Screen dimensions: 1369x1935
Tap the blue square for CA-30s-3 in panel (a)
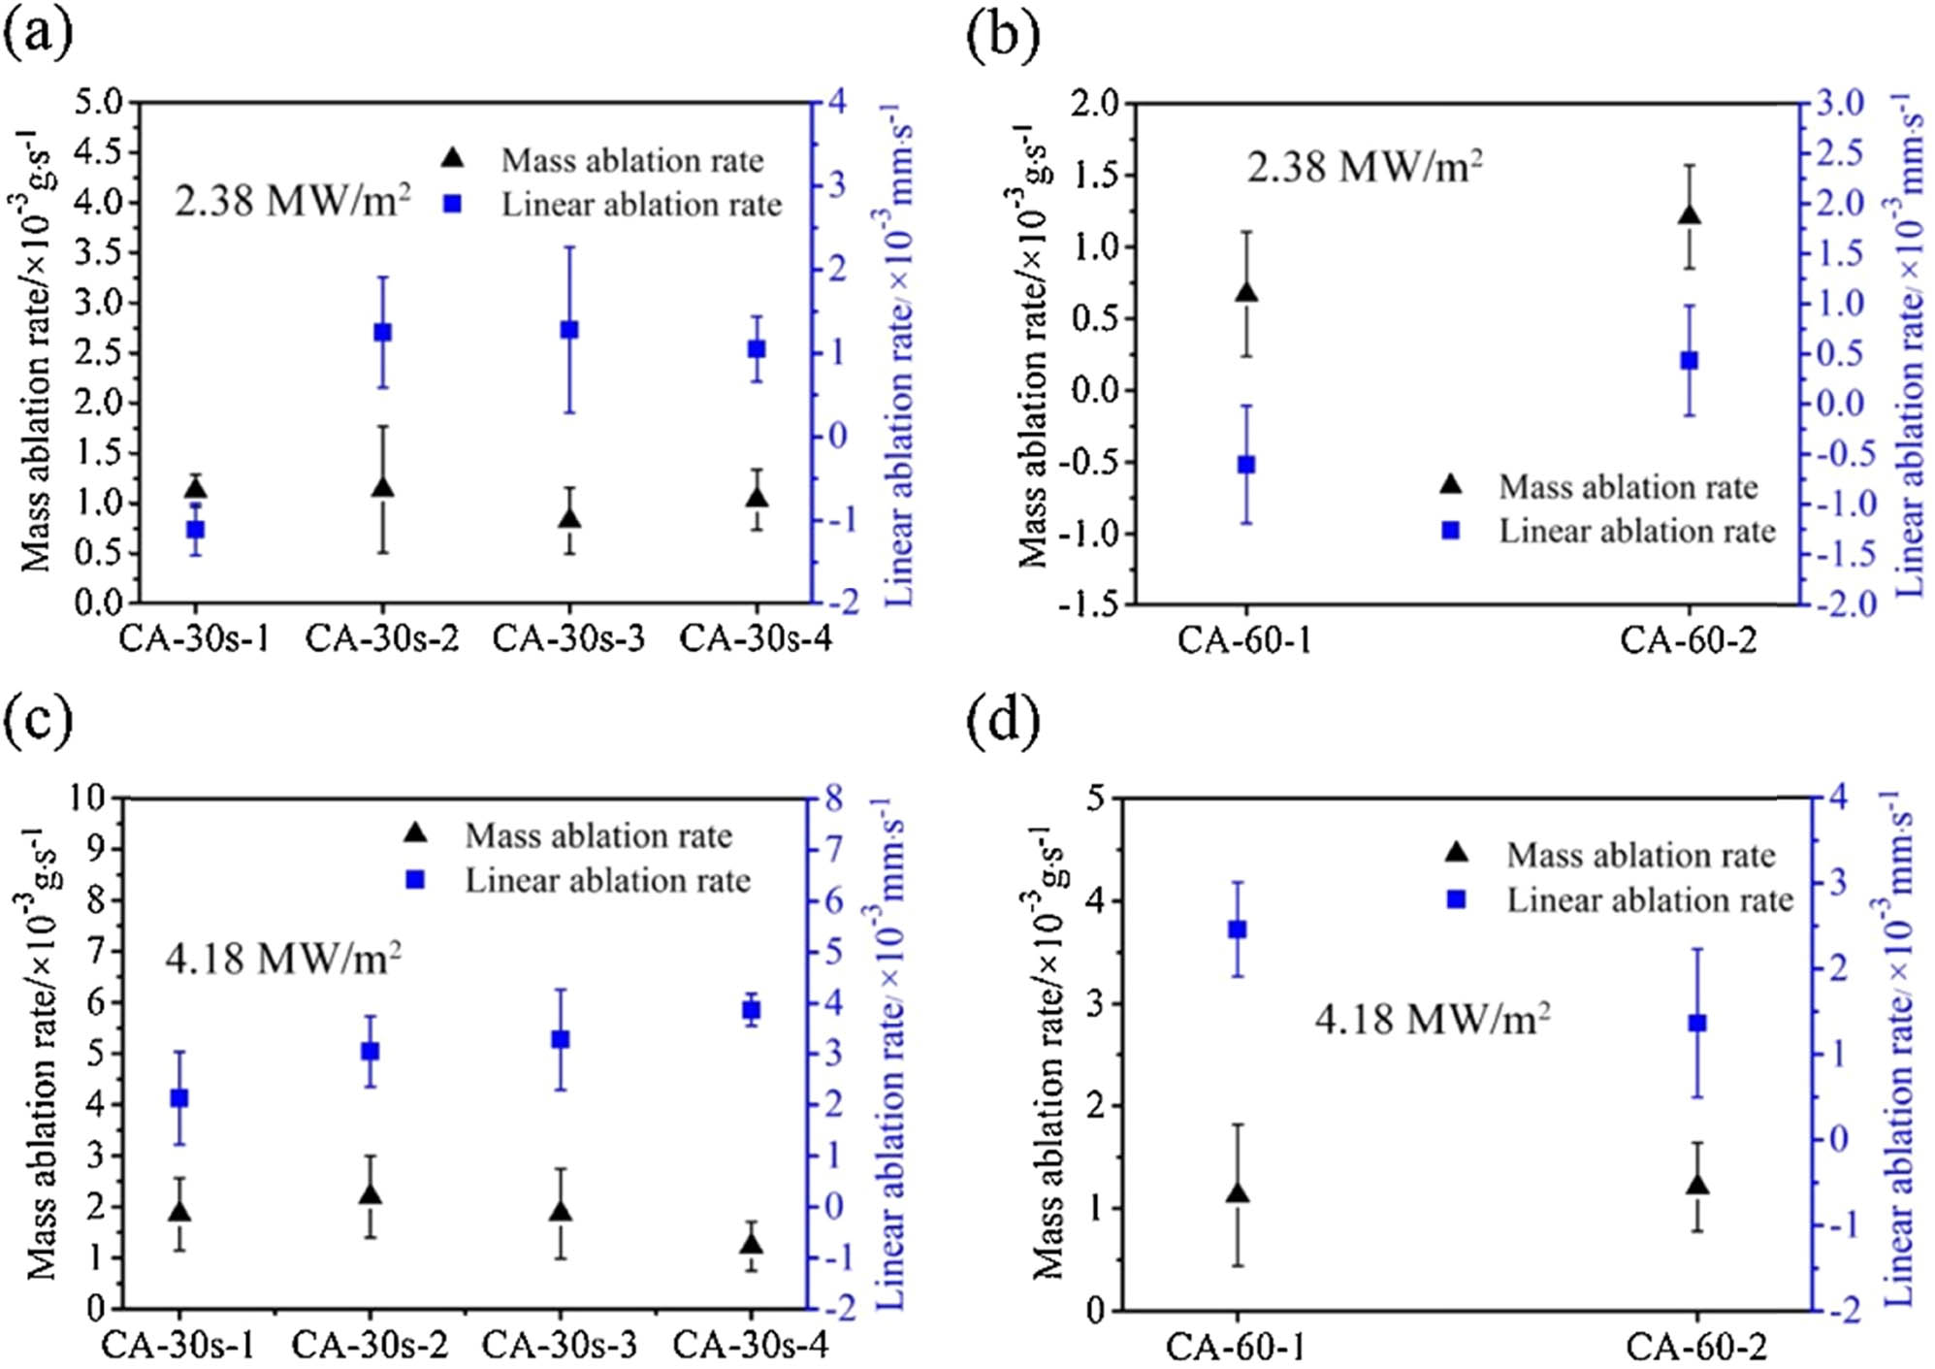click(569, 330)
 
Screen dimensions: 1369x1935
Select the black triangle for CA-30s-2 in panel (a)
click(382, 487)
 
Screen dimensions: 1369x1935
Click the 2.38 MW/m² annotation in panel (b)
click(1364, 168)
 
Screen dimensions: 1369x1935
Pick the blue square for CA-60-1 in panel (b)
click(1246, 465)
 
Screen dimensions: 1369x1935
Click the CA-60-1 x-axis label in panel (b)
click(1244, 641)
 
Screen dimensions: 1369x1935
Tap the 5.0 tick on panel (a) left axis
click(99, 102)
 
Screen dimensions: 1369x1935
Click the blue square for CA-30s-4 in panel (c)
click(751, 1010)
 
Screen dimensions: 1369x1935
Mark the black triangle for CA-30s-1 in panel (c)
click(179, 1212)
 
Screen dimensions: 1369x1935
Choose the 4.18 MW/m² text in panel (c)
click(283, 960)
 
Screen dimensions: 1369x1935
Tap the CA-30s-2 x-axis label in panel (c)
click(370, 1345)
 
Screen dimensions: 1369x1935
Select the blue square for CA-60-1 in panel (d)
click(1237, 929)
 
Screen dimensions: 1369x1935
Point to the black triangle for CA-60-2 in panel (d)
click(1697, 1185)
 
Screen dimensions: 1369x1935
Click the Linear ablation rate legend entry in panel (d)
click(1649, 900)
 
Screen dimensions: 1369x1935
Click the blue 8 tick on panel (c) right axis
click(833, 799)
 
